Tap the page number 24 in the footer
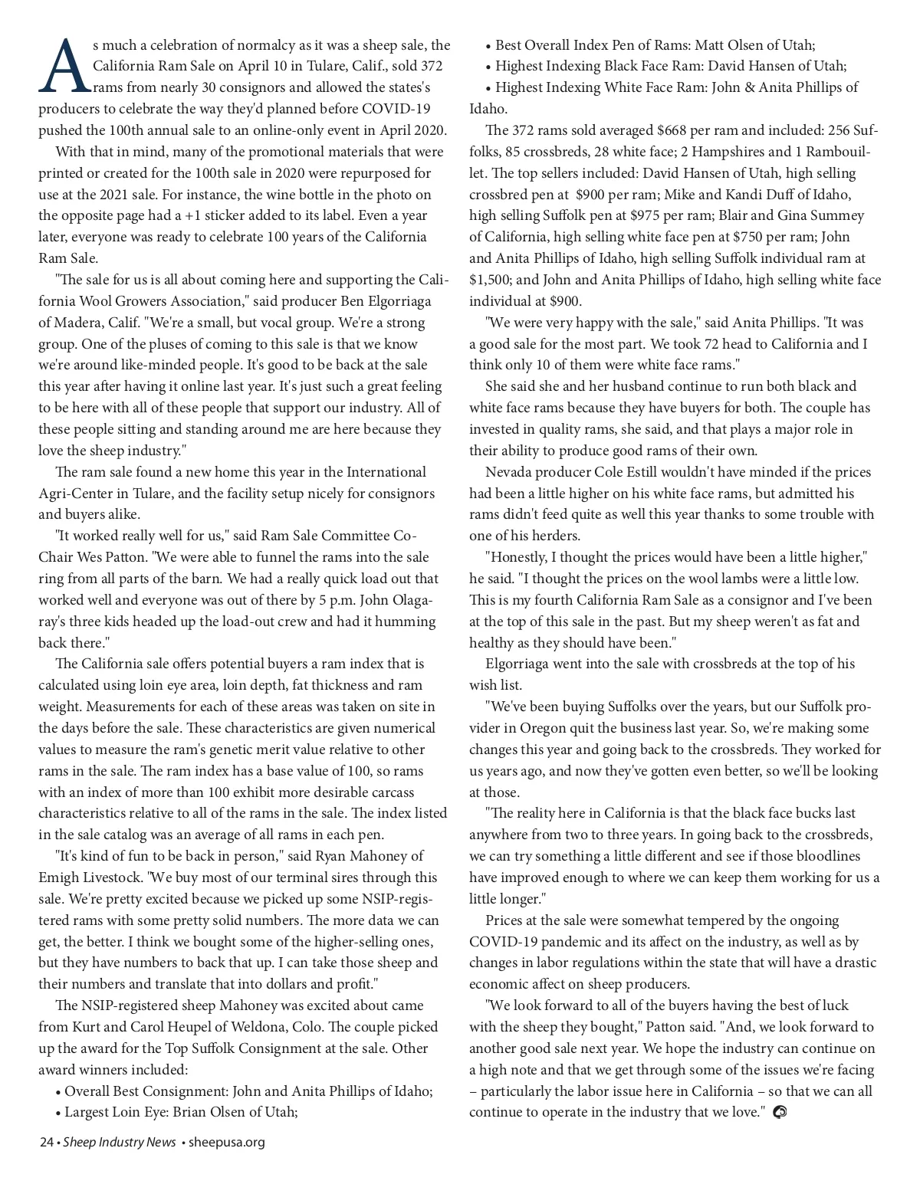(x=46, y=1142)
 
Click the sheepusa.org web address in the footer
(x=227, y=1142)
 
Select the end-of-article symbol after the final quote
(x=780, y=1112)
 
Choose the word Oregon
(x=544, y=728)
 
